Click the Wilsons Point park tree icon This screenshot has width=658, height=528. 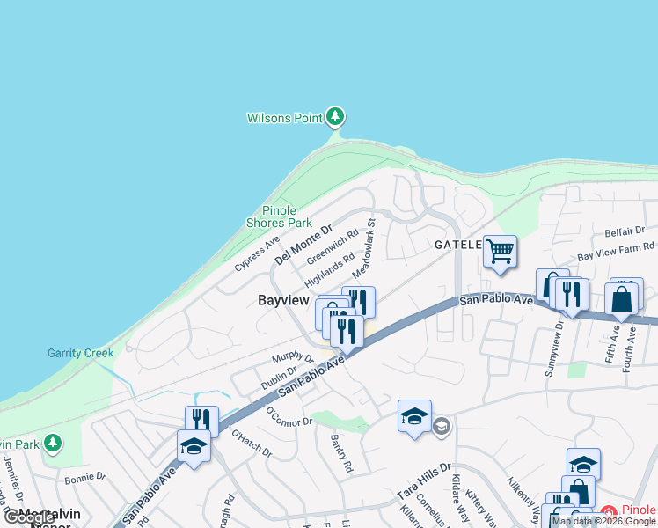[334, 117]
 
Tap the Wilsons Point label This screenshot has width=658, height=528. [284, 118]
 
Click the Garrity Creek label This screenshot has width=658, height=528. [80, 354]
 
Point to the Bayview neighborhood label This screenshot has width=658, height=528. [283, 300]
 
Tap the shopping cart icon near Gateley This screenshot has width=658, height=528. [500, 252]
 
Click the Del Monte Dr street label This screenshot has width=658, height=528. [303, 245]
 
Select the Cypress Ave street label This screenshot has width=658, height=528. [257, 253]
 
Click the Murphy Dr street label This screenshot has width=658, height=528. [293, 357]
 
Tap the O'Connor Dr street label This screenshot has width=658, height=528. [289, 415]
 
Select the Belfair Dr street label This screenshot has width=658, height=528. [625, 231]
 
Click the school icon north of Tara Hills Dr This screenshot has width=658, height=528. [414, 417]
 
